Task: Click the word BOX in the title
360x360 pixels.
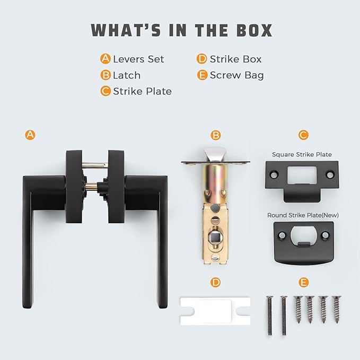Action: (x=254, y=30)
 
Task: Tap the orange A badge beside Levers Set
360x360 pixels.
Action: (x=106, y=58)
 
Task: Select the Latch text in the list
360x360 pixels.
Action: (x=127, y=75)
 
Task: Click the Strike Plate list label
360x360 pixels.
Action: (x=142, y=91)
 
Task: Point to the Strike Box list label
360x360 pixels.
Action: (x=235, y=59)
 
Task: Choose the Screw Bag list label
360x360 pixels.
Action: (x=236, y=75)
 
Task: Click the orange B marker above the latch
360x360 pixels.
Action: (x=216, y=135)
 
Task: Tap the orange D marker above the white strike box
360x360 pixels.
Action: (x=215, y=282)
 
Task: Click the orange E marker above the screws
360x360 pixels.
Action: (x=303, y=282)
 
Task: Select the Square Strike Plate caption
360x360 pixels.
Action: (x=302, y=154)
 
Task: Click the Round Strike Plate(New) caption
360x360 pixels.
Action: (x=303, y=215)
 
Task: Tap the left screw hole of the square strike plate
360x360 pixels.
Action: (x=274, y=175)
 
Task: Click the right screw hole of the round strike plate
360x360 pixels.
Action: (x=325, y=235)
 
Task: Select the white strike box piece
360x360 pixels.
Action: (x=215, y=311)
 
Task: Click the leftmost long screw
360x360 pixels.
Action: (x=269, y=315)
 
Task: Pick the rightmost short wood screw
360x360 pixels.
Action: (x=336, y=309)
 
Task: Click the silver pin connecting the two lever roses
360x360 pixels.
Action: (x=95, y=165)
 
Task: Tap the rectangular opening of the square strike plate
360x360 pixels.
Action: (x=302, y=175)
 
